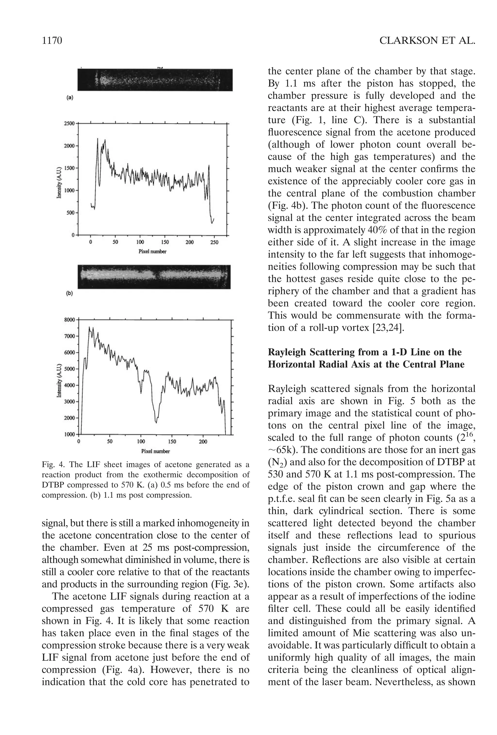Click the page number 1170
coord(52,41)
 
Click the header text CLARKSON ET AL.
coord(427,41)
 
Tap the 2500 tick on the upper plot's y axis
coord(69,123)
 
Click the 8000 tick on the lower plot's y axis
coord(70,319)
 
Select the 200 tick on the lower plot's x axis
coord(203,441)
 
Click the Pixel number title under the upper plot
coord(152,252)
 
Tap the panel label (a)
coord(70,98)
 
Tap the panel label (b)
coord(70,293)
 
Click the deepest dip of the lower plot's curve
coord(156,422)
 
